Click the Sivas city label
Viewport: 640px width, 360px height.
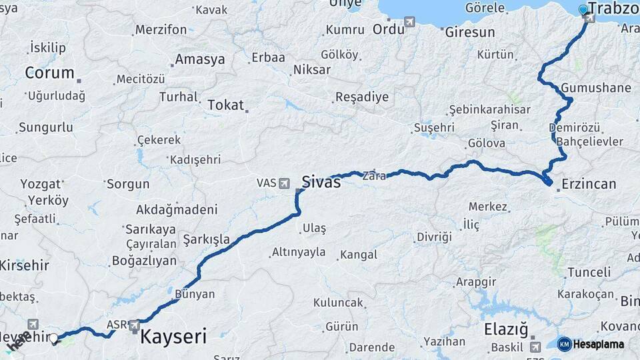pos(321,181)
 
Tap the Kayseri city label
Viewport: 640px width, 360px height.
pos(173,335)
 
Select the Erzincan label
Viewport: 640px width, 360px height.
pos(589,184)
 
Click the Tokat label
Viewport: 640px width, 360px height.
pos(225,105)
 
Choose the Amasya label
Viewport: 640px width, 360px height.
pos(199,59)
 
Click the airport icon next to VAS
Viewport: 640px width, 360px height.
pos(285,182)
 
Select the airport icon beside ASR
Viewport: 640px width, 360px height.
pos(135,325)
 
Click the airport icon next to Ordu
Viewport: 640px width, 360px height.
pos(409,22)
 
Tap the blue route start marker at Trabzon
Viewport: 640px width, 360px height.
pos(583,9)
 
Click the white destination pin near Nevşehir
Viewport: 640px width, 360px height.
pos(54,339)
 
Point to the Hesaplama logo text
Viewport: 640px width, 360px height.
pos(599,344)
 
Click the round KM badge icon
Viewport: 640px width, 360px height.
pos(564,344)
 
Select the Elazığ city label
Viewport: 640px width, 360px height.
pos(505,329)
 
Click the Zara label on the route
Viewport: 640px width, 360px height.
pos(373,177)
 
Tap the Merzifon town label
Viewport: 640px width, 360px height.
pos(161,30)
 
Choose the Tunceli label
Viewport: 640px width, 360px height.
pos(589,272)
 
